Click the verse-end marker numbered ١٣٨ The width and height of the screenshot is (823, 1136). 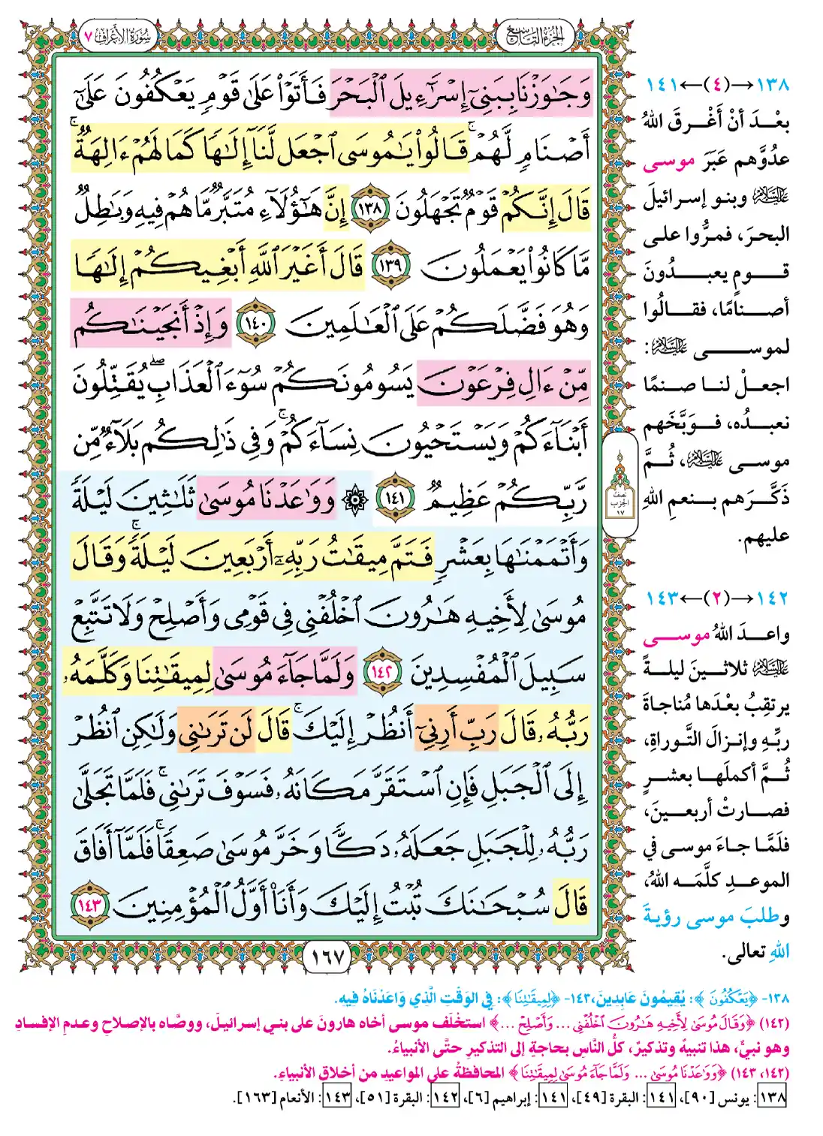click(x=369, y=208)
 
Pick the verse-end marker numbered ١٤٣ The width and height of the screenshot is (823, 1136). click(x=91, y=903)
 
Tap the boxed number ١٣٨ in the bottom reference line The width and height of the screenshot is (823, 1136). click(x=772, y=1097)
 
